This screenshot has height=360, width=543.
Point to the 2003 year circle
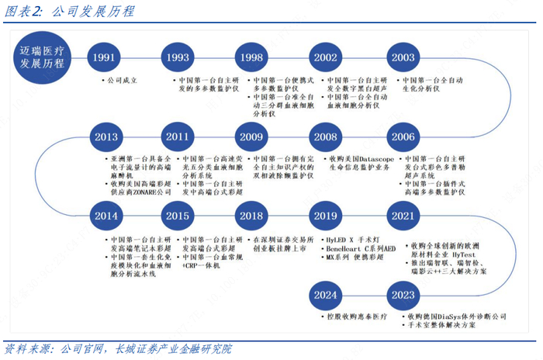403,57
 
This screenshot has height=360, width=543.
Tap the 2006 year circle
403,137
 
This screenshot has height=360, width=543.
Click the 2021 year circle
403,216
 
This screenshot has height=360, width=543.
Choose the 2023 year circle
403,295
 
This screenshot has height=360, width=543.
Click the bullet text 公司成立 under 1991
123,81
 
